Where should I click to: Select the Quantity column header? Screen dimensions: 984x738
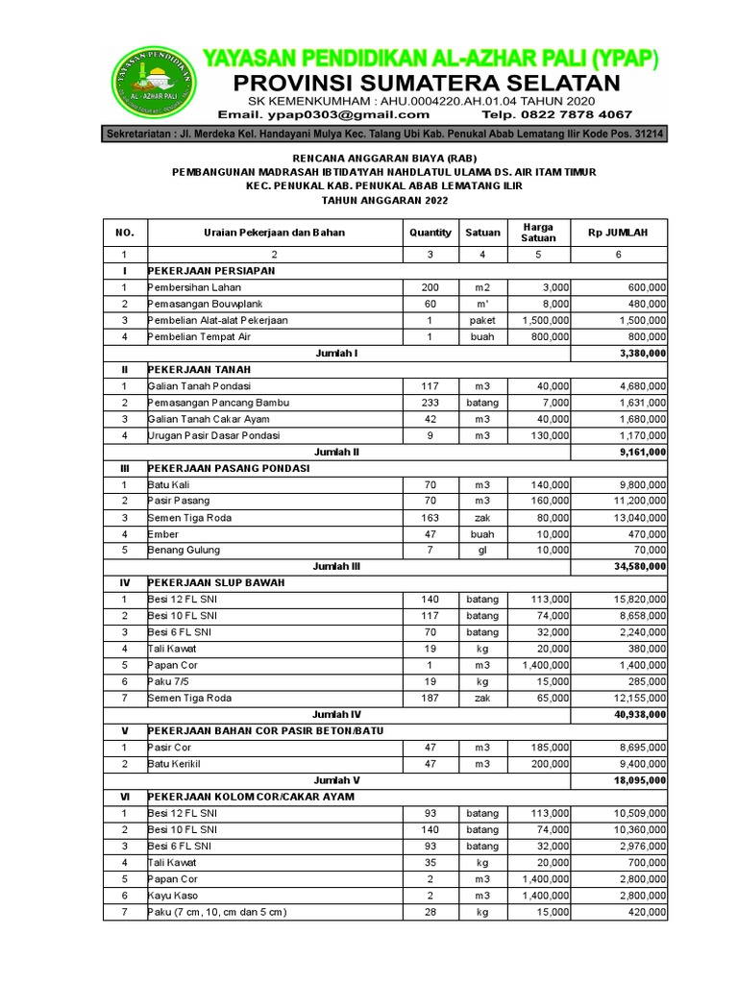430,233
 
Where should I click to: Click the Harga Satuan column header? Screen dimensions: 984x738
538,233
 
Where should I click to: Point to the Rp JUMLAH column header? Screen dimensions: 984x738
618,233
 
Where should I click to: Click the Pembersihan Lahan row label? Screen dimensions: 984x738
194,287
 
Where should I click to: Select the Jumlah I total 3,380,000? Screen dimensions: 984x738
637,353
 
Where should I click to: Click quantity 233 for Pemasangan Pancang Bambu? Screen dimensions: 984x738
430,403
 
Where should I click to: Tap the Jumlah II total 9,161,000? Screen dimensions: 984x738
637,452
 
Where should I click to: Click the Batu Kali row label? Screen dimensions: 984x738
167,484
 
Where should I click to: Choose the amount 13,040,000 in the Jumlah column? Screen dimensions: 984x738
634,517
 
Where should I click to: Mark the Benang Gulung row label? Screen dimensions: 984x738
184,550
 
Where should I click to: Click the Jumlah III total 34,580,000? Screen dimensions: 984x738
634,567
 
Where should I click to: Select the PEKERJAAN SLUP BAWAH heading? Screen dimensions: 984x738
216,583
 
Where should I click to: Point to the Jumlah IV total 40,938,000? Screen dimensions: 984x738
634,714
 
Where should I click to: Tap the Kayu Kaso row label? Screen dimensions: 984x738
173,895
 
